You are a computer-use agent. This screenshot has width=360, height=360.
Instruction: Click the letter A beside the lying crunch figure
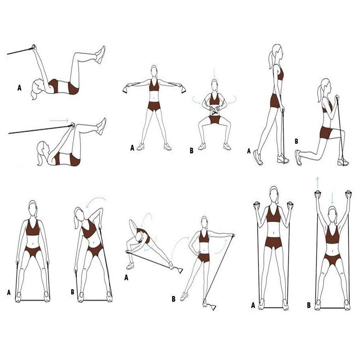[x=19, y=88]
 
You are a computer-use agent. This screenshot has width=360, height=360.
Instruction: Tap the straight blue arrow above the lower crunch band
[x=59, y=121]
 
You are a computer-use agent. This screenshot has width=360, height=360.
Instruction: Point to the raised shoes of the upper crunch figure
[x=100, y=55]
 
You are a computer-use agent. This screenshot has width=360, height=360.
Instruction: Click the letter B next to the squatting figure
[x=192, y=150]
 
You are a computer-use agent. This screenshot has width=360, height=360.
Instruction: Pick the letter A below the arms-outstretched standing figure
[x=132, y=148]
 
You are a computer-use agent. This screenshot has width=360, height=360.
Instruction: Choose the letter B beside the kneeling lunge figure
[x=296, y=141]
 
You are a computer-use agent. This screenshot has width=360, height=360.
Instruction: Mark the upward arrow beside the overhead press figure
[x=317, y=183]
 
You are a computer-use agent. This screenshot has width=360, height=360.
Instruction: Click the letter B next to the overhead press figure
[x=309, y=305]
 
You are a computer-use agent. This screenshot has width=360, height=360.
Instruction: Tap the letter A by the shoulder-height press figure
[x=253, y=305]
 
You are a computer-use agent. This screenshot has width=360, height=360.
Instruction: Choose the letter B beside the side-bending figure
[x=73, y=292]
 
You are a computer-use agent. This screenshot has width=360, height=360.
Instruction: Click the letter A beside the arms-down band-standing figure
[x=9, y=292]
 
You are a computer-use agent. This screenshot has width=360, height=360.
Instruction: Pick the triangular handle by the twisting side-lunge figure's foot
[x=179, y=270]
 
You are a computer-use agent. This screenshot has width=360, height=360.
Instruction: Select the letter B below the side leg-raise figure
[x=174, y=299]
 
